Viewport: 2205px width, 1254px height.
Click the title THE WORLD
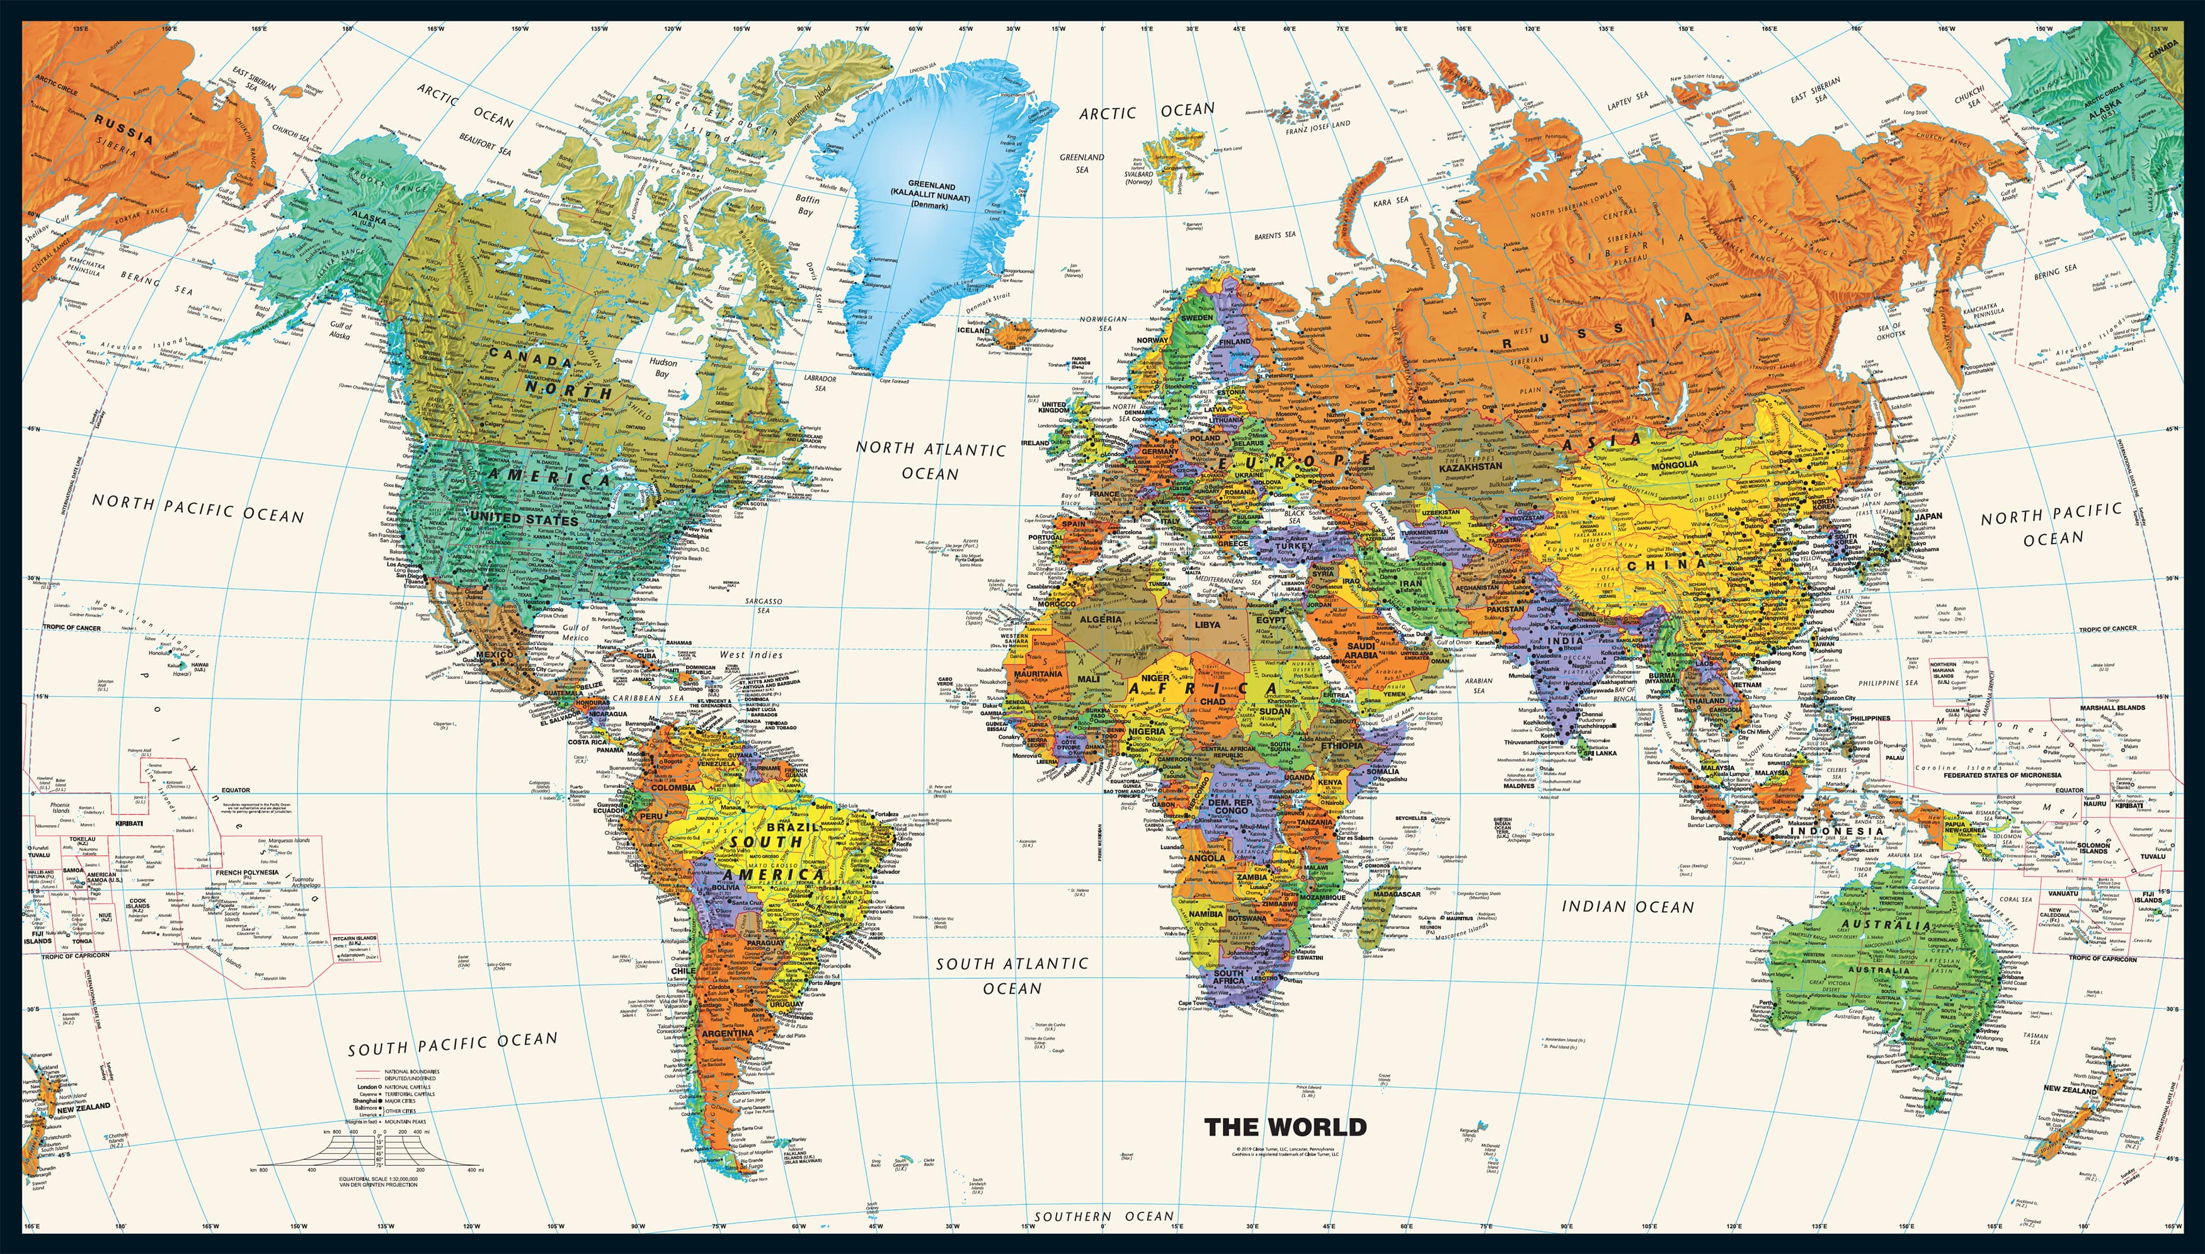tap(1285, 1127)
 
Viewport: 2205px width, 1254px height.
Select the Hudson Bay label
tap(662, 368)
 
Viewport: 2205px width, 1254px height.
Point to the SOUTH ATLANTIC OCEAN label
tap(1012, 976)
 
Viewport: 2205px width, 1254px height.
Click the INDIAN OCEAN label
tap(1628, 907)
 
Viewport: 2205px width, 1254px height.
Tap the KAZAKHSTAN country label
tap(1470, 467)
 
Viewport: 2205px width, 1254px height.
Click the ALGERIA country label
tap(1101, 619)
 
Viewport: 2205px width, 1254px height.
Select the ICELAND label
tap(974, 330)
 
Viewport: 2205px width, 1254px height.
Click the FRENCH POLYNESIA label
tap(247, 872)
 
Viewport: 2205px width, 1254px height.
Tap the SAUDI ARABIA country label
tap(1361, 650)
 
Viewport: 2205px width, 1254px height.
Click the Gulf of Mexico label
tap(575, 632)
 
